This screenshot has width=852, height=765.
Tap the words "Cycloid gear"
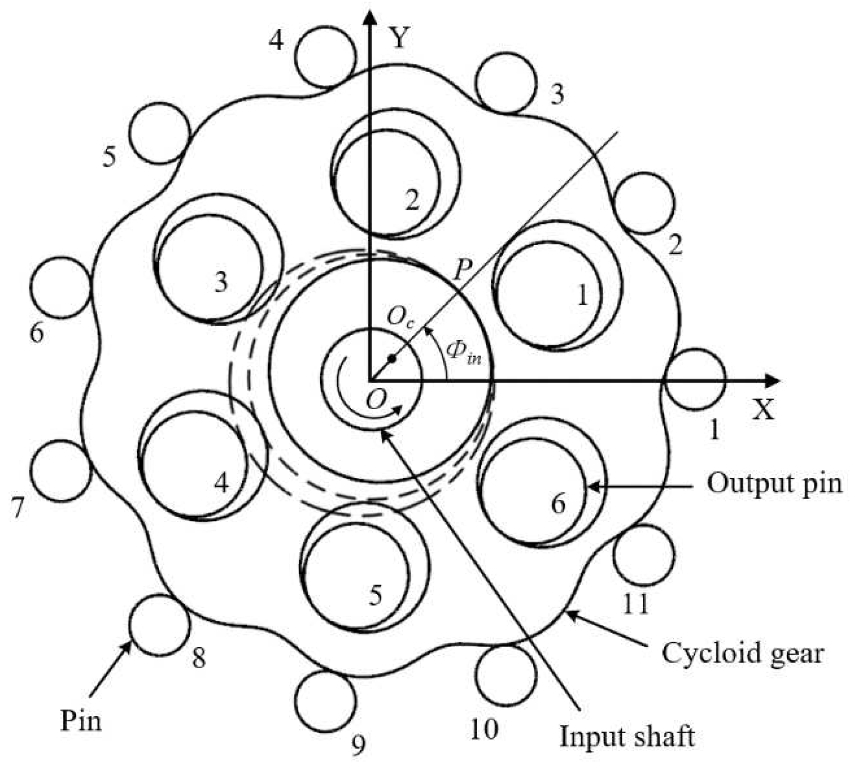(742, 653)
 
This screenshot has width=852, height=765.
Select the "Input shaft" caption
(627, 737)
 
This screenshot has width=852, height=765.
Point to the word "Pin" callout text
(81, 720)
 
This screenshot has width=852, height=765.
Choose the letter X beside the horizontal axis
(763, 409)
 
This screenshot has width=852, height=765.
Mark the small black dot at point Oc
(392, 358)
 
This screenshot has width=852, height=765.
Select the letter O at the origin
(376, 401)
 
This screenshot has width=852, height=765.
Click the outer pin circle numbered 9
(325, 701)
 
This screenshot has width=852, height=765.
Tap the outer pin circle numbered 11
(644, 555)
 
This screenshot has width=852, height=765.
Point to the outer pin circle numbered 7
(61, 471)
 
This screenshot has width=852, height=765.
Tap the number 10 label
(484, 729)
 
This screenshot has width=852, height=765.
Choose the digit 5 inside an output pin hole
(375, 595)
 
